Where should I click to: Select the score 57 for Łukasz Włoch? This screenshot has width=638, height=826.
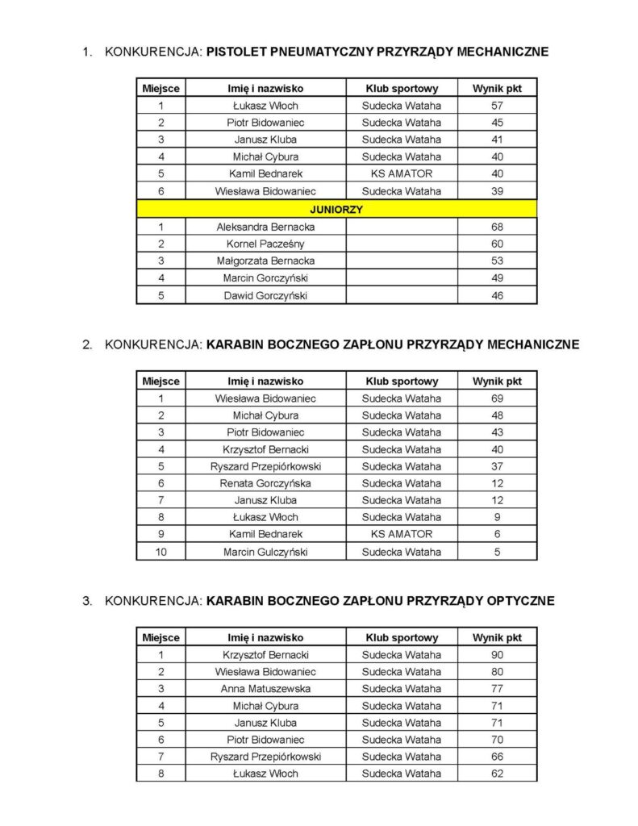[497, 106]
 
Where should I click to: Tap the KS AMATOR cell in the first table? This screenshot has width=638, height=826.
[402, 173]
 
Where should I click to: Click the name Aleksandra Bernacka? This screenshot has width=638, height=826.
[265, 227]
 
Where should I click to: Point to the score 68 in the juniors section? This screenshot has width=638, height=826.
[497, 227]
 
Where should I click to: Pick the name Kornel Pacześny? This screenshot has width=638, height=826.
[265, 244]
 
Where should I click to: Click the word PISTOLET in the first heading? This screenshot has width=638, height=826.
[241, 52]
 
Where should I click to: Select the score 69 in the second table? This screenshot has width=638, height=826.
[497, 398]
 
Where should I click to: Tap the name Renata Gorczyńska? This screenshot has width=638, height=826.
[265, 483]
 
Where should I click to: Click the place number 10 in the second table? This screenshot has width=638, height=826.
[161, 553]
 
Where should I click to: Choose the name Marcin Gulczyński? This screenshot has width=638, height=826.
[265, 553]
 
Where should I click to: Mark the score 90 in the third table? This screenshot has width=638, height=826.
[497, 655]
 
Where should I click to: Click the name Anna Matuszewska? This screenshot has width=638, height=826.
[265, 689]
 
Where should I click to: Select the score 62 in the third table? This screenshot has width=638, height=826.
[497, 774]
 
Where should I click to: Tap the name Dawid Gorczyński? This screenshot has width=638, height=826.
[265, 296]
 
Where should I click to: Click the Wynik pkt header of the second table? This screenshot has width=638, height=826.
[497, 381]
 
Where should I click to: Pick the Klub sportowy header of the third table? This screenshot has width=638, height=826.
[402, 637]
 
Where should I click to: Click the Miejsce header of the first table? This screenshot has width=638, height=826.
[161, 88]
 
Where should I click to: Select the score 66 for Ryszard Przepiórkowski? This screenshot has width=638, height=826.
[497, 757]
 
